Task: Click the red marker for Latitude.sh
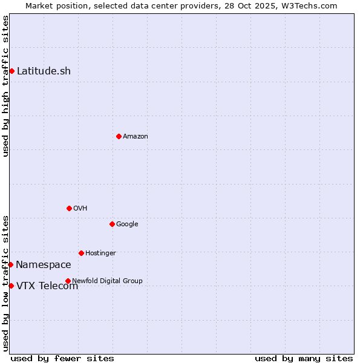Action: click(x=11, y=71)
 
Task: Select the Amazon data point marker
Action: click(x=119, y=136)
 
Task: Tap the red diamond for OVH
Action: click(x=69, y=208)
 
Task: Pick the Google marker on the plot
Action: click(x=112, y=224)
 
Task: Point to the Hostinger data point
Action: click(x=81, y=253)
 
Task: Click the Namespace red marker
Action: click(x=10, y=264)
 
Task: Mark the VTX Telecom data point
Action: click(x=11, y=286)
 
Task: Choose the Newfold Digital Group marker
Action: click(x=68, y=281)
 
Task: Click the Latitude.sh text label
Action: click(x=44, y=71)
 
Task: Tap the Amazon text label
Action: click(x=136, y=137)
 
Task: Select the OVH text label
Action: click(x=80, y=209)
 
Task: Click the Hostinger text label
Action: click(x=100, y=253)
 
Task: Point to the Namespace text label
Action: click(x=44, y=265)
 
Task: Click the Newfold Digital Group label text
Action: click(x=107, y=281)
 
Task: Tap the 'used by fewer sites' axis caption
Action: click(x=62, y=358)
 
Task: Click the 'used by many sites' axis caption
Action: click(x=304, y=358)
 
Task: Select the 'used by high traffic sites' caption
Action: click(x=5, y=87)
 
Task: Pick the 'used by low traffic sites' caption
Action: click(x=5, y=283)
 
